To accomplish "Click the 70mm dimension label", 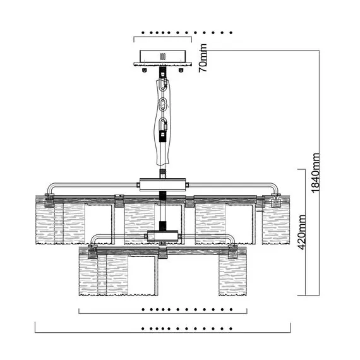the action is click(203, 58).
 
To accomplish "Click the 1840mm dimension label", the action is click(315, 173).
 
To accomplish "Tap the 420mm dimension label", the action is click(302, 232).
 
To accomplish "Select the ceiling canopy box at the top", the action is click(163, 56).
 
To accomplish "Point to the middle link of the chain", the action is click(163, 104).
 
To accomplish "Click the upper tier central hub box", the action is click(163, 184).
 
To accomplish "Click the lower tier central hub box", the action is click(163, 236).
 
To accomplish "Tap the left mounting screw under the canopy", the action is click(145, 70).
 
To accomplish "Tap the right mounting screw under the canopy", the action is click(181, 70).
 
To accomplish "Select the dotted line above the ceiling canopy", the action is click(187, 33).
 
